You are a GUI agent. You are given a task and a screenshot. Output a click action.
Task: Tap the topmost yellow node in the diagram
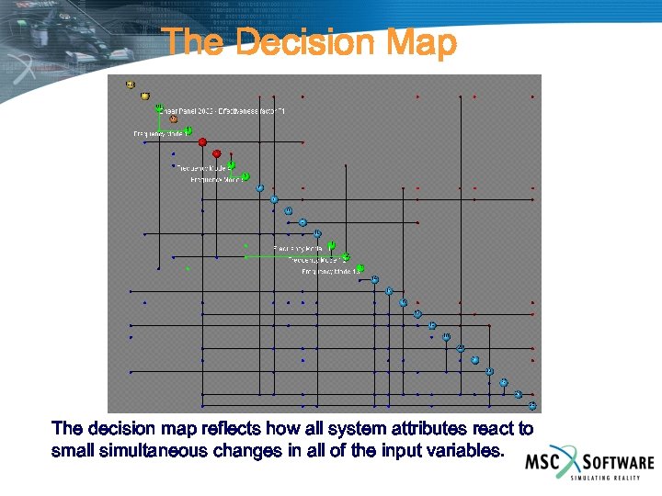tap(131, 85)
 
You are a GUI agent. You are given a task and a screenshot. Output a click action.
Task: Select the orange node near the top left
tap(173, 118)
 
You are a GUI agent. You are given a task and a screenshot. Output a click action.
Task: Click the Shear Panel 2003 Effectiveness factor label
tap(225, 111)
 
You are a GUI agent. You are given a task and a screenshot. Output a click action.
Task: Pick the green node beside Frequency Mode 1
tap(188, 130)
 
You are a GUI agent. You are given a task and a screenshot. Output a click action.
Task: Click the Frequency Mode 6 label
tap(201, 168)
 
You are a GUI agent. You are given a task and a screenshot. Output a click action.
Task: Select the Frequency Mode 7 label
tap(216, 180)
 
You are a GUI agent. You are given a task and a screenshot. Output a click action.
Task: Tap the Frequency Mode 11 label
tap(299, 249)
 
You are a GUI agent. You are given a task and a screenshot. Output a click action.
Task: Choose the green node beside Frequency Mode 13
tap(360, 268)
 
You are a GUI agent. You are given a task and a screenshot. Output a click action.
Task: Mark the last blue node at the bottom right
tap(532, 405)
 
